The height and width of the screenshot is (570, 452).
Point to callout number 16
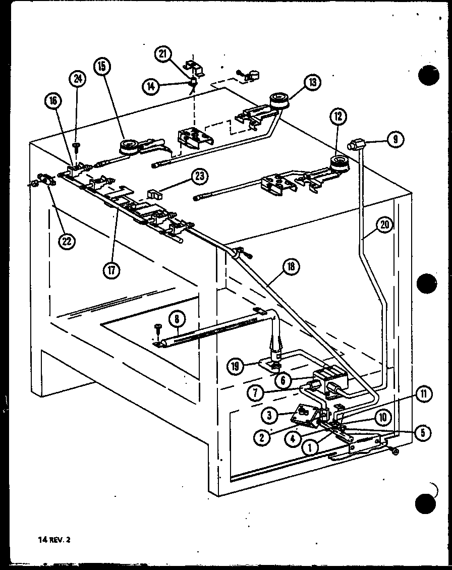(54, 101)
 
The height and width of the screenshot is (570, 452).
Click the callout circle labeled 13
(312, 82)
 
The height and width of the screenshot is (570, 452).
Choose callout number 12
(338, 117)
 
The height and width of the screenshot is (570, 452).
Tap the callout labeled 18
(292, 266)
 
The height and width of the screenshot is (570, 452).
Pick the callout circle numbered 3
(270, 415)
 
